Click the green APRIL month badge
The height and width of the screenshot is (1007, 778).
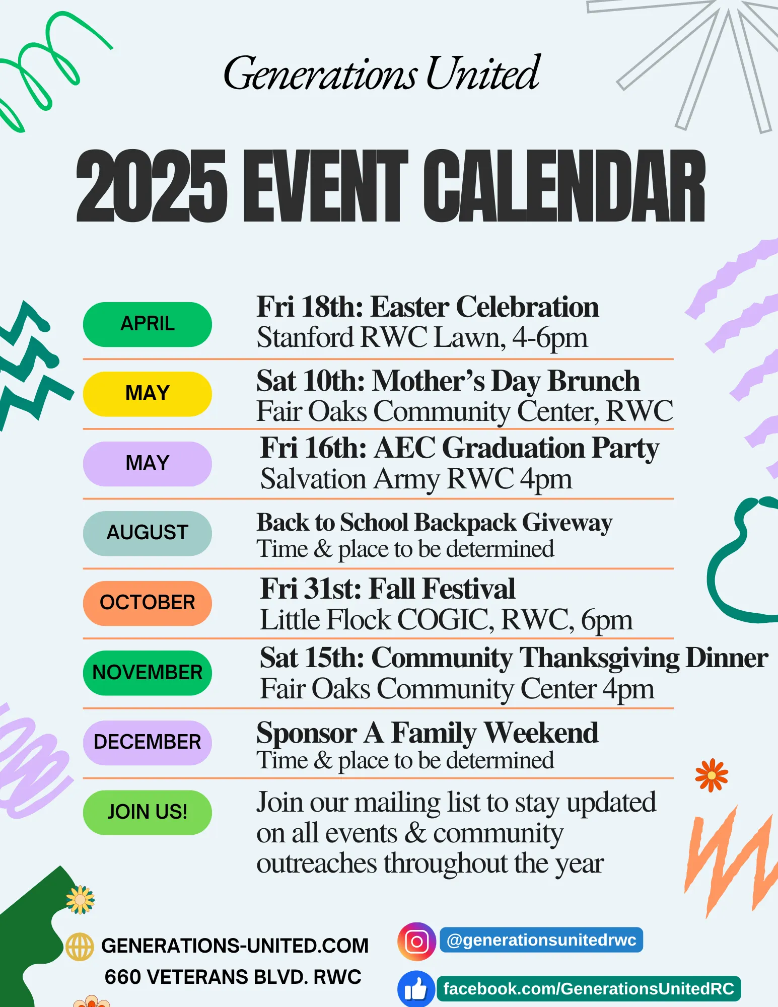[147, 324]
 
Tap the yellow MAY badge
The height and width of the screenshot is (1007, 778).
[147, 394]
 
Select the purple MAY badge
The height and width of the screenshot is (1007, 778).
[147, 464]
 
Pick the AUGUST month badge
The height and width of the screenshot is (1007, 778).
[147, 533]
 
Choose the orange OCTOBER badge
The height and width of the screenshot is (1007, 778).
[147, 603]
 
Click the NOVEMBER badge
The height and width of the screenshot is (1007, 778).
[147, 673]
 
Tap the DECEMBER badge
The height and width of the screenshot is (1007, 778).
[147, 743]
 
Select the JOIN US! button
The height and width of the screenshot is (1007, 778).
[147, 812]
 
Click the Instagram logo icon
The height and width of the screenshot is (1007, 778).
[416, 941]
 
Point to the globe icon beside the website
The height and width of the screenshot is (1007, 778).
[80, 947]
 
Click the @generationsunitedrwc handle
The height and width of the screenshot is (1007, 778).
[541, 940]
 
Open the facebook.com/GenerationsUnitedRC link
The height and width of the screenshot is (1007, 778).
[588, 989]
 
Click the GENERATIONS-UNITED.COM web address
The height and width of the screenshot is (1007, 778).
[235, 946]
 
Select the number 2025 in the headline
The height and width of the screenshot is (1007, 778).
[151, 186]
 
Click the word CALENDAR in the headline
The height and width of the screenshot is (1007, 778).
[564, 186]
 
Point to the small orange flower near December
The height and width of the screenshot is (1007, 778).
[711, 775]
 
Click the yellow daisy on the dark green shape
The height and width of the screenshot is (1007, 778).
[81, 900]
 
